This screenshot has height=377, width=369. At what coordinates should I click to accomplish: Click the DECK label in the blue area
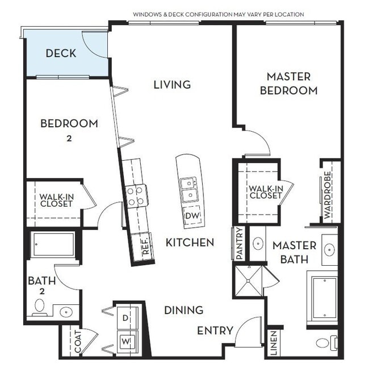coord(61,54)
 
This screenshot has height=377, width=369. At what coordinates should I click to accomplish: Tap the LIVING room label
coord(172,85)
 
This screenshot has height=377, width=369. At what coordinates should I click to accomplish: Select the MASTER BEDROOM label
coord(288,83)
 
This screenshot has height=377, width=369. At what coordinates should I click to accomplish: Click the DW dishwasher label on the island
coord(191,216)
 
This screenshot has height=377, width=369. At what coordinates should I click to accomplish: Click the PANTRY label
coord(239,244)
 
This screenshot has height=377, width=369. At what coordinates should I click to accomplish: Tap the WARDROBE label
coord(328,194)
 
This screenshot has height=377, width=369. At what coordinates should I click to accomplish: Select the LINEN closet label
coord(274,343)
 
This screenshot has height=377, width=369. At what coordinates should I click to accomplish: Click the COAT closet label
coord(77,342)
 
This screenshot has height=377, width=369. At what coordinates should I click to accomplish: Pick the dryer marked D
coord(125,319)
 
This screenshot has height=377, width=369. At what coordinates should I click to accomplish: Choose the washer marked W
coord(125,342)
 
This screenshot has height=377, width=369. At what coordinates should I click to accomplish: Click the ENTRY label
coord(215,330)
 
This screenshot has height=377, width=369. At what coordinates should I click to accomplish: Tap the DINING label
coord(183,310)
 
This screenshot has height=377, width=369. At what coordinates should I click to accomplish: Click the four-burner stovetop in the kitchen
coord(136,196)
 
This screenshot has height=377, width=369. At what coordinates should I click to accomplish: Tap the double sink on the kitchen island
coord(188,190)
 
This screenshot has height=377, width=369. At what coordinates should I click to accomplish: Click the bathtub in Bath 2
coord(53,245)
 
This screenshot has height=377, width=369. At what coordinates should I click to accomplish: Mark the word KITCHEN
coord(190,242)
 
